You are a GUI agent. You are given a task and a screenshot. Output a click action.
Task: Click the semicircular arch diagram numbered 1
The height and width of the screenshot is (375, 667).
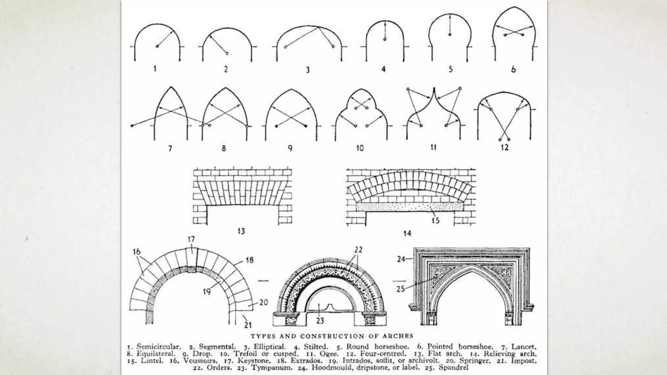coord(157,42)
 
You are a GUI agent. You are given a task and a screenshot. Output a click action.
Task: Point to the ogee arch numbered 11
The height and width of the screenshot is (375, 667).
coord(434,114)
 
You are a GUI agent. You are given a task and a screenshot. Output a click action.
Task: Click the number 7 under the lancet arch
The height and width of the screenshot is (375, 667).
coord(170,148)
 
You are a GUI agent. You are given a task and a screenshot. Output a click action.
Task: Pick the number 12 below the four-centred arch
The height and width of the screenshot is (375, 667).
coord(504,147)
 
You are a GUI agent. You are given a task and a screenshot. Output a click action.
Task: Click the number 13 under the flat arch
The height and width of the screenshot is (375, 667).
coord(241,231)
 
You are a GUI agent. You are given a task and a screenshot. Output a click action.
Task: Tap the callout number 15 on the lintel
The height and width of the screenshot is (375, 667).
coord(435,220)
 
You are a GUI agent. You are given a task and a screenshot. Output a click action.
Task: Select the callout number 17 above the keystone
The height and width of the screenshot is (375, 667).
coord(191,240)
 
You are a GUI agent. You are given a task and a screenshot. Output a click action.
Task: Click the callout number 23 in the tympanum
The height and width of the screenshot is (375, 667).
coord(320,321)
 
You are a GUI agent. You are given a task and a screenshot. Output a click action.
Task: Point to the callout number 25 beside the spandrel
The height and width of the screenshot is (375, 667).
coord(401,289)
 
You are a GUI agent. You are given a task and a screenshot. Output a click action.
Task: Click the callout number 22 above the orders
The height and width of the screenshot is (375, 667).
coord(358,250)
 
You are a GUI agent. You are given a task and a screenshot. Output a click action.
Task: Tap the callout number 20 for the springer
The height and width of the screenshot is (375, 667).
coord(263,302)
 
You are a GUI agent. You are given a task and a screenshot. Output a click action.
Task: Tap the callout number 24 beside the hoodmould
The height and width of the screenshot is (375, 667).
coord(401,259)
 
